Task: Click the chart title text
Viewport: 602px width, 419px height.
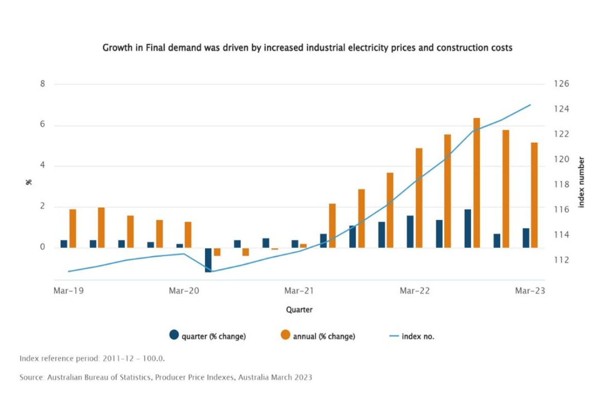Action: tap(307, 47)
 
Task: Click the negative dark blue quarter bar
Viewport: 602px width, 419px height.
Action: tap(208, 260)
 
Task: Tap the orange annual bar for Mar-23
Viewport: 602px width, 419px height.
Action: tap(534, 195)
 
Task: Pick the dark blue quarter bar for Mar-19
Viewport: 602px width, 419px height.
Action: tap(64, 244)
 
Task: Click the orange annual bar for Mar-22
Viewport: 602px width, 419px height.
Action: tap(419, 198)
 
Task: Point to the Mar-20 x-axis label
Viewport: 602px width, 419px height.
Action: tap(184, 291)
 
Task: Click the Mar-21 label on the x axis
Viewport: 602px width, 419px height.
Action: tap(299, 291)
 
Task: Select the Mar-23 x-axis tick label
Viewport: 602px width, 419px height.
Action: tap(530, 291)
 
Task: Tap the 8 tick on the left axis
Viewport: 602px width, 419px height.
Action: tap(43, 84)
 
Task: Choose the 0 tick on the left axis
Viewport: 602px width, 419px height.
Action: tap(43, 247)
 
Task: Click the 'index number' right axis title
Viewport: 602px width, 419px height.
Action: tap(581, 182)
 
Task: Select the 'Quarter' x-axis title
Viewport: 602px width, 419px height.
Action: tap(299, 310)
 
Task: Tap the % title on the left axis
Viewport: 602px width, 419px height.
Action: tap(29, 182)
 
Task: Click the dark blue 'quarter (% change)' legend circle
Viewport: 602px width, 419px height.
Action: tap(174, 335)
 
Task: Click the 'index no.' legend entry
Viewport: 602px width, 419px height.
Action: tap(417, 337)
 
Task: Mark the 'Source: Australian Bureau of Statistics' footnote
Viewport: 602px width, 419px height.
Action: tap(165, 378)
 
